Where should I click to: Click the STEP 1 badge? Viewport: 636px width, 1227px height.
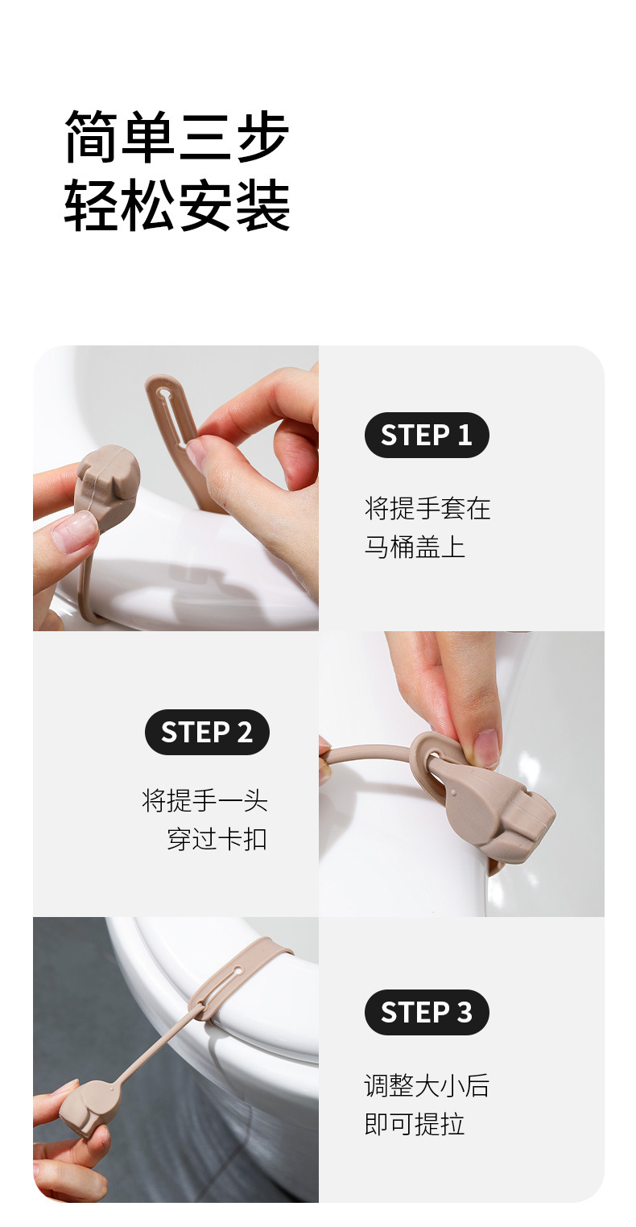(x=427, y=436)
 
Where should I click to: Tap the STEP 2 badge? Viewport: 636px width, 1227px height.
(x=207, y=732)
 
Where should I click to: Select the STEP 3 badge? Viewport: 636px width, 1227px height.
(x=427, y=1012)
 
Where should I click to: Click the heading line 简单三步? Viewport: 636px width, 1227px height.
(x=177, y=137)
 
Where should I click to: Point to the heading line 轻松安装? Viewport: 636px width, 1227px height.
(x=177, y=205)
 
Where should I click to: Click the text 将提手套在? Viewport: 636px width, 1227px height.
(x=427, y=509)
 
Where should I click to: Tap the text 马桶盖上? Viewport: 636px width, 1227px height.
(x=415, y=547)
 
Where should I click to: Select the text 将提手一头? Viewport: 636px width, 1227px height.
(x=204, y=801)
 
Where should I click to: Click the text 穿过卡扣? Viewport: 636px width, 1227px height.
(x=217, y=839)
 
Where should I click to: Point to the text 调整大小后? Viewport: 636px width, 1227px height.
(x=427, y=1085)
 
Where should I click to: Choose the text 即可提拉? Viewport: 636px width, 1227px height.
(x=415, y=1124)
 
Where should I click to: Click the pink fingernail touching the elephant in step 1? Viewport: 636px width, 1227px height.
(x=74, y=533)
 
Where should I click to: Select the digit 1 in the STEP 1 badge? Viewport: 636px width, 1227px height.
(x=465, y=436)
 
